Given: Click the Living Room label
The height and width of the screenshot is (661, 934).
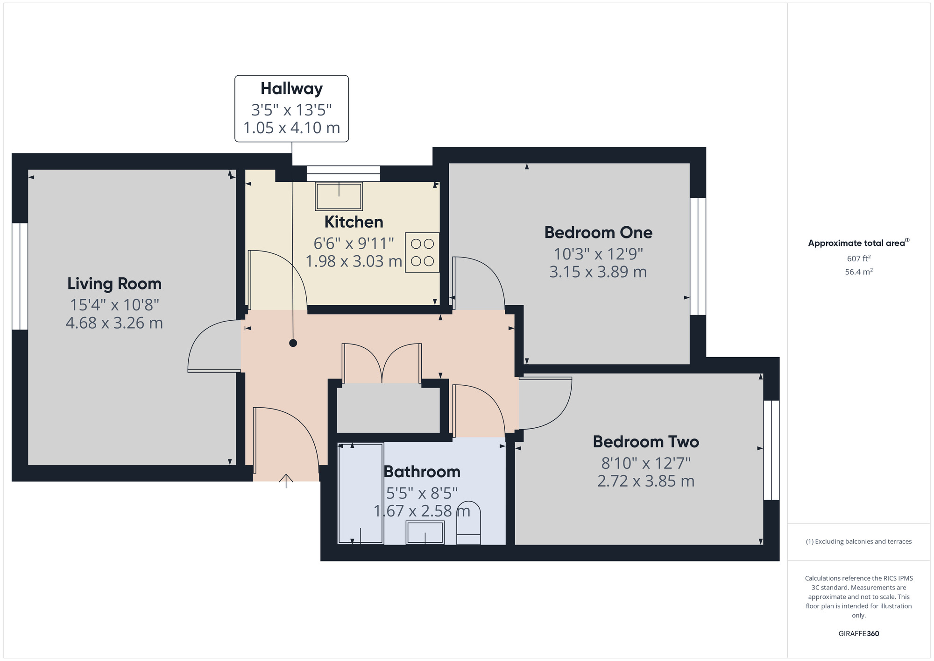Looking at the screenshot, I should coord(114,284).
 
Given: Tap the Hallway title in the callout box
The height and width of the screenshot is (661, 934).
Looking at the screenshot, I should coord(291,88).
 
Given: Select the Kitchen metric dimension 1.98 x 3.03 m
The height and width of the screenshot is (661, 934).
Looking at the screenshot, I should coord(354,261).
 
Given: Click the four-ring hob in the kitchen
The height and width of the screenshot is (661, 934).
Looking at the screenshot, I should coord(422,252).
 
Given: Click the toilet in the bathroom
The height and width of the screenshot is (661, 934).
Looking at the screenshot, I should coord(468,524).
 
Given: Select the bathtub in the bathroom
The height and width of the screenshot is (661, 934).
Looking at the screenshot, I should coord(361,494).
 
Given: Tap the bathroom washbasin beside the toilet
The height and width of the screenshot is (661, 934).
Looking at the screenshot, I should coord(425,533).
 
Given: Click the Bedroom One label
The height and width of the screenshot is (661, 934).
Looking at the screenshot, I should coord(598,232).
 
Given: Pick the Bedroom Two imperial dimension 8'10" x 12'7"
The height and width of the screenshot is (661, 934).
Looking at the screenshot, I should coord(646,463).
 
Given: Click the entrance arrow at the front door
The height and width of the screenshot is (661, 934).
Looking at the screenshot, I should coord(286,481).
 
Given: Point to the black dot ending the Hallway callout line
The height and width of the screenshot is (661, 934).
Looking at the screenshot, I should coord(293,343).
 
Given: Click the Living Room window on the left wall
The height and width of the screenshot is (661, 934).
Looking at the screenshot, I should coord(20,276).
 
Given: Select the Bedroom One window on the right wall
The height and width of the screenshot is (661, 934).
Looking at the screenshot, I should coord(698,256).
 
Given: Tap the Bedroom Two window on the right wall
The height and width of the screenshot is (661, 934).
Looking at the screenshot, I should coord(771,450).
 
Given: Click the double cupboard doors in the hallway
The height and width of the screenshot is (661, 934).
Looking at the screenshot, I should coord(382,364).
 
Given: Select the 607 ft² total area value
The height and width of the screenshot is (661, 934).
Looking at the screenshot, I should coord(858,259).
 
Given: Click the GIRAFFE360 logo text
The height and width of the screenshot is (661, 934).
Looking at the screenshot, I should coord(858,634).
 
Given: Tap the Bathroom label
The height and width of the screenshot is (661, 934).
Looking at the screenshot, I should coord(422,472).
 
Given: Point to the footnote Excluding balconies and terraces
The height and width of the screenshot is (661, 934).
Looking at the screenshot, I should coord(858,541).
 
